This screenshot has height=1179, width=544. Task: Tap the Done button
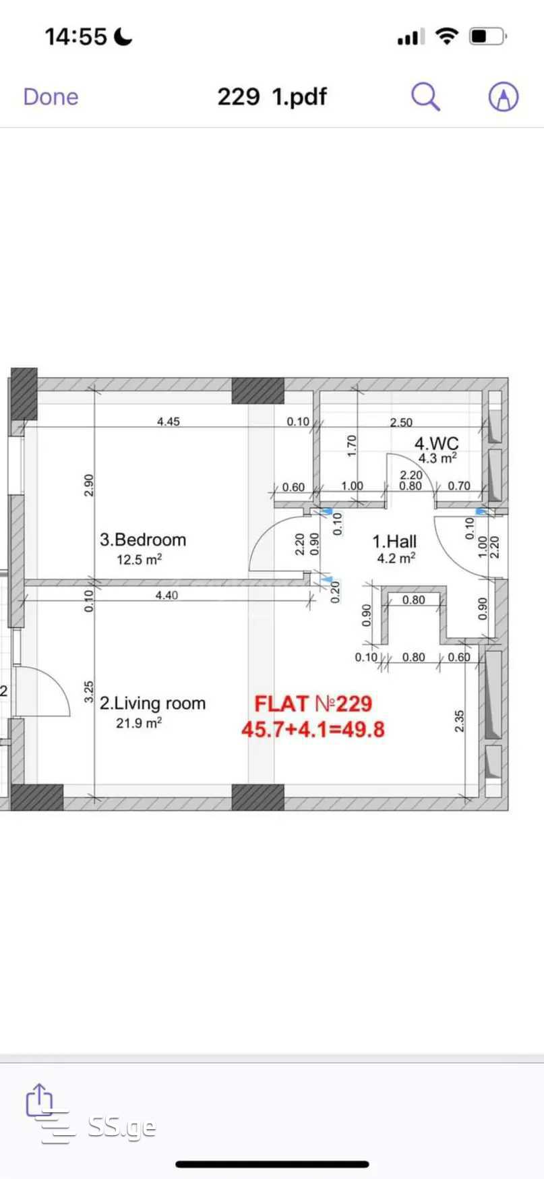(51, 97)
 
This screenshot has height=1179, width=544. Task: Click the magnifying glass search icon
(426, 97)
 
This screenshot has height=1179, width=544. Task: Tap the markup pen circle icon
(503, 97)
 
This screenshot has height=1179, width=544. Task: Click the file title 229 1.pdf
(272, 97)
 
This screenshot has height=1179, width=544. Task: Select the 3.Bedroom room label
(143, 540)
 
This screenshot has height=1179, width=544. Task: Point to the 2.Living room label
(152, 703)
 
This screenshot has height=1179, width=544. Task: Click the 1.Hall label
(394, 541)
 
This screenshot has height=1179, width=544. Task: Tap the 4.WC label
(436, 443)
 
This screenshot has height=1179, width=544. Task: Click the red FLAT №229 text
(313, 704)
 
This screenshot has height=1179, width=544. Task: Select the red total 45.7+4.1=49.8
(313, 730)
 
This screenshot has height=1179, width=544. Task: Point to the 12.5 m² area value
(139, 559)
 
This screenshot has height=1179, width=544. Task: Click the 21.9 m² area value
(139, 723)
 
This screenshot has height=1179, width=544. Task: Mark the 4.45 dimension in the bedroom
(169, 422)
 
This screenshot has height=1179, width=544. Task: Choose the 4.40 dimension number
(167, 595)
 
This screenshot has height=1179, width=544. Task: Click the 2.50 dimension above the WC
(401, 422)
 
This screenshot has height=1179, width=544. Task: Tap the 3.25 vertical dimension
(89, 692)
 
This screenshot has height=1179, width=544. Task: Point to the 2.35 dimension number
(460, 721)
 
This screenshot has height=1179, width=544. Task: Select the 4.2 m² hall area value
(396, 558)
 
